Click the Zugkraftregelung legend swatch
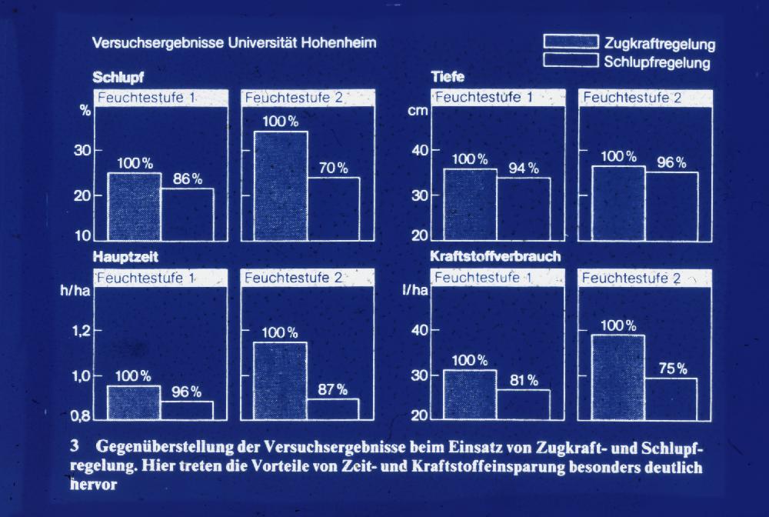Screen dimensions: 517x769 [571, 42]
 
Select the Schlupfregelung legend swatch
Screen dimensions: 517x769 [571, 60]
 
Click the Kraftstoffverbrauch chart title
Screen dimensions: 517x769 [495, 256]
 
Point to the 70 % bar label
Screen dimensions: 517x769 [333, 168]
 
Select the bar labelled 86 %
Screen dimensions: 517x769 [188, 215]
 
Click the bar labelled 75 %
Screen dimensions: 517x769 [671, 397]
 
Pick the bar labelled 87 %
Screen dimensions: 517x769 [332, 409]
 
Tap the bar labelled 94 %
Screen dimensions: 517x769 [523, 209]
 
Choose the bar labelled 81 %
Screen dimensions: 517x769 [523, 403]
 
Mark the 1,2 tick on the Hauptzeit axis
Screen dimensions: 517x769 [81, 331]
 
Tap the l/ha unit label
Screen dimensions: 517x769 [415, 290]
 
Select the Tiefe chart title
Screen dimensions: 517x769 [448, 77]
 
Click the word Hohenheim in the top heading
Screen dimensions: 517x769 [338, 43]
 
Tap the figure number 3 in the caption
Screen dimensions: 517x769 [74, 447]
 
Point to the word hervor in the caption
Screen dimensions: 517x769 [92, 486]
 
